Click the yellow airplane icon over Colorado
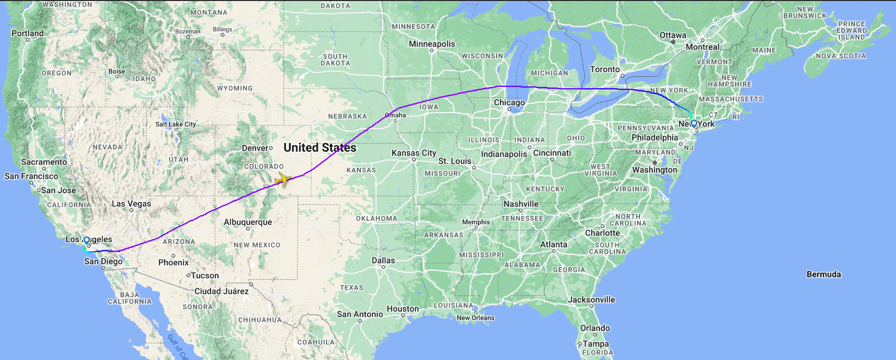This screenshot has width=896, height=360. pyautogui.click(x=283, y=179)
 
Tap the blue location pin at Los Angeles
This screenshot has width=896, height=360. pyautogui.click(x=86, y=241)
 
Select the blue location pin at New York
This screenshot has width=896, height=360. pyautogui.click(x=694, y=124)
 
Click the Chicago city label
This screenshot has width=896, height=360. pyautogui.click(x=509, y=102)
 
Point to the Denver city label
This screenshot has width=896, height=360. pyautogui.click(x=255, y=148)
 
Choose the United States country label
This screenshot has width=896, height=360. pyautogui.click(x=320, y=148)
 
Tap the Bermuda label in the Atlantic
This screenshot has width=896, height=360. pyautogui.click(x=824, y=274)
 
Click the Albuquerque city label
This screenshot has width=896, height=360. pyautogui.click(x=248, y=222)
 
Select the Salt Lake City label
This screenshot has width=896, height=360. pyautogui.click(x=176, y=124)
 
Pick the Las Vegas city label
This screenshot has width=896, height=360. pyautogui.click(x=131, y=204)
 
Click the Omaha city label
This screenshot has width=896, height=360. pyautogui.click(x=396, y=115)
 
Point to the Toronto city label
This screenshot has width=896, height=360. pyautogui.click(x=605, y=70)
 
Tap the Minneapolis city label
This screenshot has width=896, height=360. pyautogui.click(x=432, y=44)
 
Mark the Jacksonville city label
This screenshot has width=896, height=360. pyautogui.click(x=591, y=300)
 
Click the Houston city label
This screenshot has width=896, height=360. pyautogui.click(x=403, y=309)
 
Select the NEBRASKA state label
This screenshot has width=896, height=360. pyautogui.click(x=347, y=116)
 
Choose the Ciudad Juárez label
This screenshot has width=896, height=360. pyautogui.click(x=221, y=291)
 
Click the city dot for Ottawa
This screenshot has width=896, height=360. pyautogui.click(x=673, y=42)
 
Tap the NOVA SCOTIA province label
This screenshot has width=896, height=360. pyautogui.click(x=841, y=56)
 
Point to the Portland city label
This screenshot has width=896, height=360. pyautogui.click(x=28, y=33)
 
